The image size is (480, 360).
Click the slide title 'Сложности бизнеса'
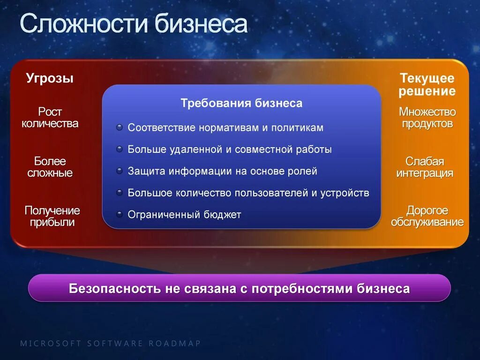133,24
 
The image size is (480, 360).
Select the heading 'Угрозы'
50,78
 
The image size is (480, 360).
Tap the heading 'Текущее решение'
427,85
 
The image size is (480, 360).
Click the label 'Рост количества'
50,118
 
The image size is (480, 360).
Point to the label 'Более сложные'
50,167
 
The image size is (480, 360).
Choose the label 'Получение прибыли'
52,216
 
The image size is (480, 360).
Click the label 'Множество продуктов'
427,118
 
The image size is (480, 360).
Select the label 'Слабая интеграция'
425,167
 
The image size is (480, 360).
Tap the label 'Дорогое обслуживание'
427,216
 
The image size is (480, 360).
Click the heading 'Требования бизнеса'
241,104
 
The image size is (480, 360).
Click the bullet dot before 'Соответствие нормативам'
120,127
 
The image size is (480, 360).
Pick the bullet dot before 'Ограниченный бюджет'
120,215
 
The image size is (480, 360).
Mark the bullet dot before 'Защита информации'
120,171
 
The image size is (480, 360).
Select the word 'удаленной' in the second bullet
195,150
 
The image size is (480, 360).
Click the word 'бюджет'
222,215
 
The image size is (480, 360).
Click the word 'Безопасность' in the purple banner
114,288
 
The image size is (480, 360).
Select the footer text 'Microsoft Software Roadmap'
110,344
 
